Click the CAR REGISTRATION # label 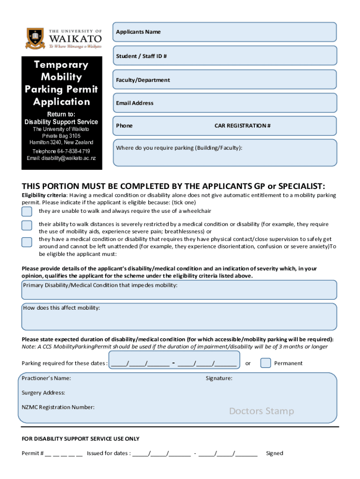(x=242, y=125)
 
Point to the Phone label (x=124, y=125)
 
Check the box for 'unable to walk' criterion (x=27, y=211)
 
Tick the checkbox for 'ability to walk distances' (x=27, y=225)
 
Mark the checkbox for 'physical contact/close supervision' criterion (x=27, y=242)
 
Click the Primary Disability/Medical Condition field (x=179, y=290)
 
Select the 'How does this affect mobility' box (x=179, y=317)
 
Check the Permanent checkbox (x=266, y=363)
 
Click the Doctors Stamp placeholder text (x=261, y=411)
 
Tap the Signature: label (x=219, y=378)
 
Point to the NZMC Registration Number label (x=58, y=407)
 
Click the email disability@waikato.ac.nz (x=61, y=158)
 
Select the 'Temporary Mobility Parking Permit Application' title (x=61, y=83)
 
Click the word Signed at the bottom (x=274, y=453)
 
